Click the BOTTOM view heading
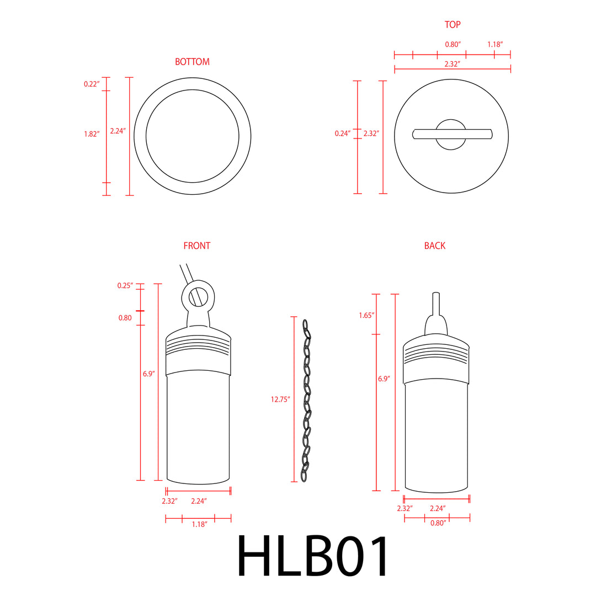192,62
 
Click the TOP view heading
453,25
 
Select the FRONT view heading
197,246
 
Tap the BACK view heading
435,246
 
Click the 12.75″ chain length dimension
280,400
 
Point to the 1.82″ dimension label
92,134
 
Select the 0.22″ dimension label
92,84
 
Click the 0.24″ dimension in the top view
343,133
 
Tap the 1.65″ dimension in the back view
366,315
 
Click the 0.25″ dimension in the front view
125,286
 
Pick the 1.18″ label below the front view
199,524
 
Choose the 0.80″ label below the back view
438,523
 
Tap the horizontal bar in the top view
453,134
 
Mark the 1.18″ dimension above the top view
494,44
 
